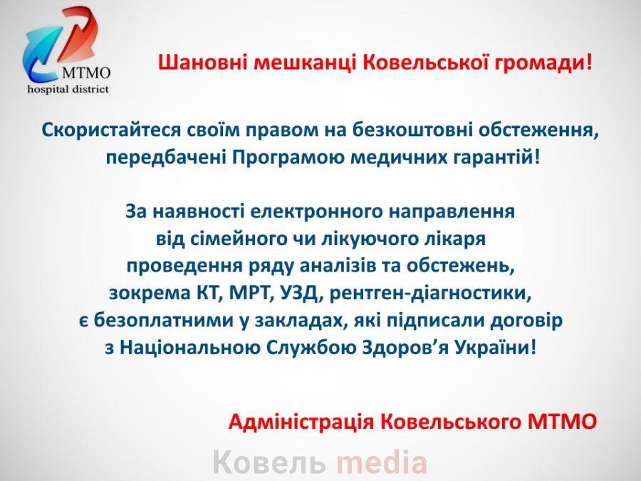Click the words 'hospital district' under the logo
(x=68, y=89)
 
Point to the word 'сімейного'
(x=238, y=239)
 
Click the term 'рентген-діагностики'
(x=430, y=294)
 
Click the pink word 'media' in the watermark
(x=382, y=462)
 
